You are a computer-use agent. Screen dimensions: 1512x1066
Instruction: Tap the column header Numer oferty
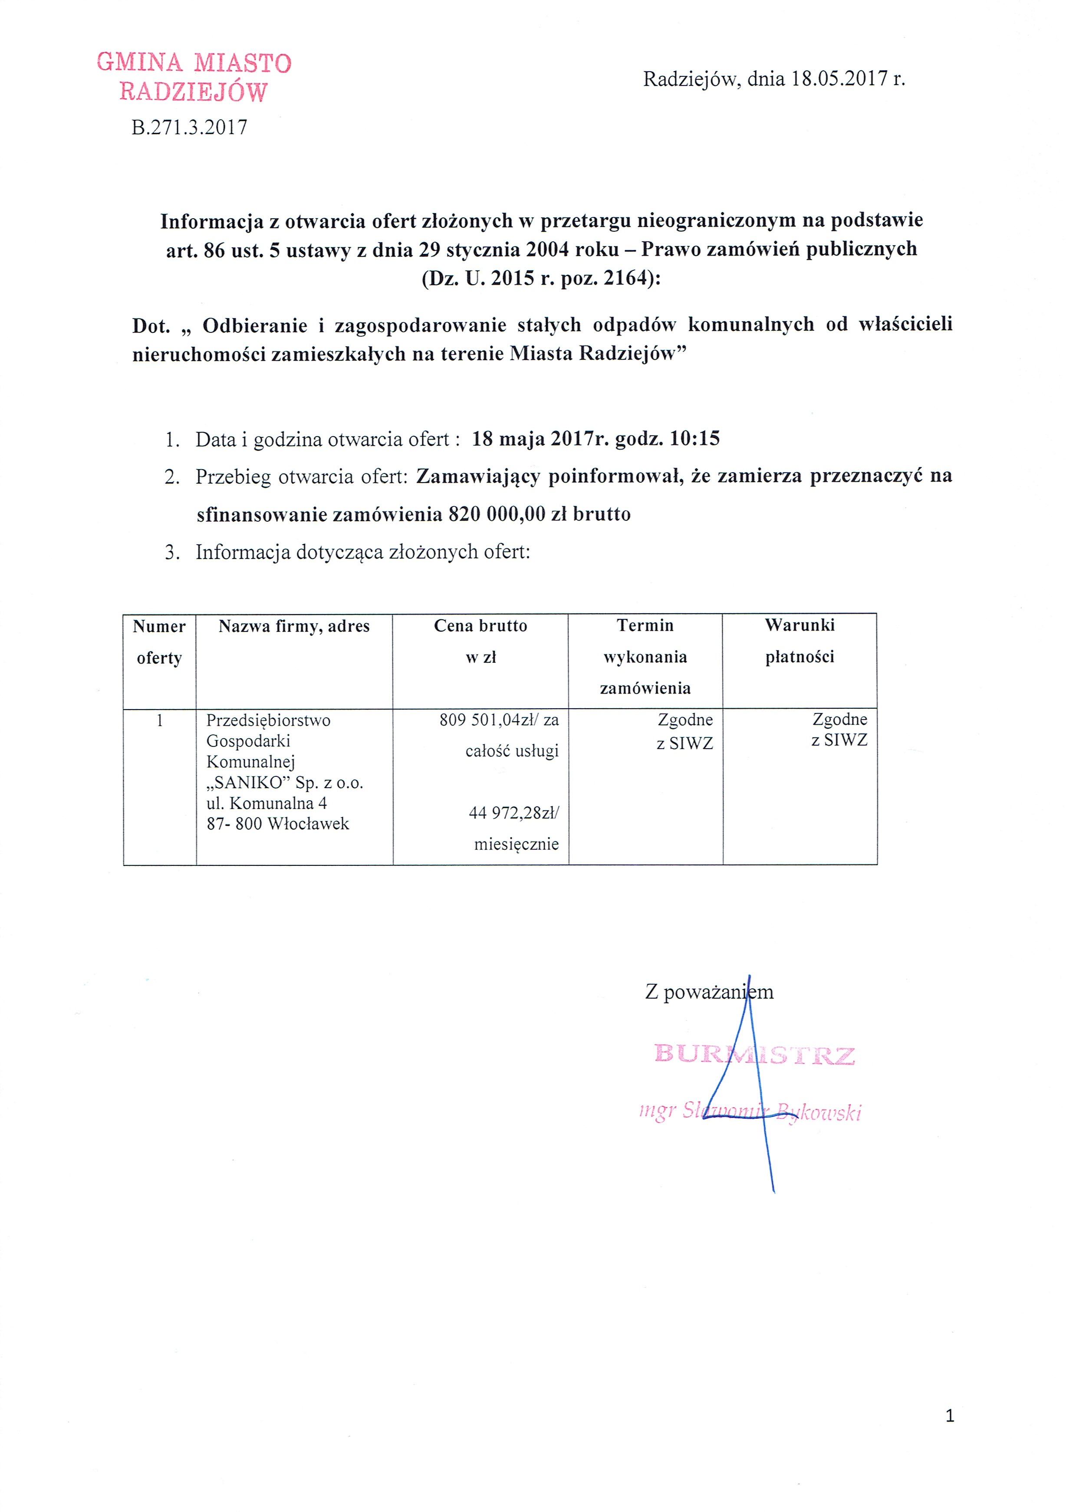click(x=159, y=641)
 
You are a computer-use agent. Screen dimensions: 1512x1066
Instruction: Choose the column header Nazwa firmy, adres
click(x=294, y=626)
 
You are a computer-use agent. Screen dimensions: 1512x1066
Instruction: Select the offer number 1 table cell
click(x=159, y=720)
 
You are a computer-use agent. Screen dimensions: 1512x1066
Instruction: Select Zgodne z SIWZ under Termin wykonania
click(x=685, y=731)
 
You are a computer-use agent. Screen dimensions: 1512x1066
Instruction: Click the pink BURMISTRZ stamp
click(x=754, y=1055)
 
